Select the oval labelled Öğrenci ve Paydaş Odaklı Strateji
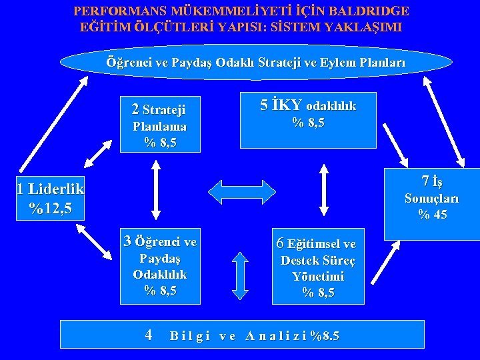coord(256,63)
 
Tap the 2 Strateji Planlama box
coord(159,125)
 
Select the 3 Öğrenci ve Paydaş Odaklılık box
coord(159,265)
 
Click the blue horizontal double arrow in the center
coord(238,192)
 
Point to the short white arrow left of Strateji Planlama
coord(98,153)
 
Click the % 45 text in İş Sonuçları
coord(432,215)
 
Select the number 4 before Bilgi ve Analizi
coord(149,335)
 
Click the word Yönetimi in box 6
coord(318,277)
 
